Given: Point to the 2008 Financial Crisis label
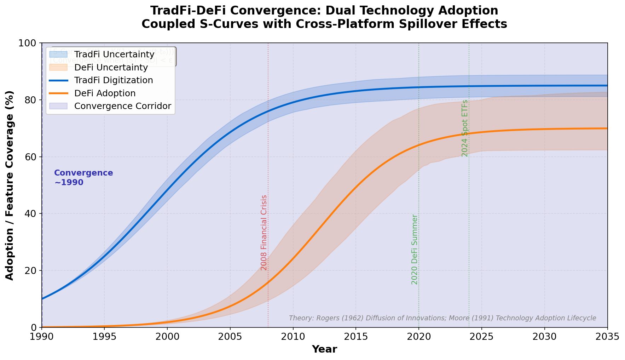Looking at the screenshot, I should tap(264, 233).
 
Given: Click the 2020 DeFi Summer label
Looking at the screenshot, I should tap(415, 249).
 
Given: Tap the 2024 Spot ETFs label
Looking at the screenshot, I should tap(465, 128).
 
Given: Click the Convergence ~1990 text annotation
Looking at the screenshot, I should tap(83, 178).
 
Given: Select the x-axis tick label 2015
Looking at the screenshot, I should tap(356, 337).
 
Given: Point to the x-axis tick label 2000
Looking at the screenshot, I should tap(167, 337).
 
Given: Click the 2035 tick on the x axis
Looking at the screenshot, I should tap(607, 337).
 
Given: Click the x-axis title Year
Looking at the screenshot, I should tap(324, 349).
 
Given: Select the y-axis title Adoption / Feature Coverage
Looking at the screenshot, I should tap(10, 185).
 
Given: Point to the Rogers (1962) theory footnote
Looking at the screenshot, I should tap(442, 318).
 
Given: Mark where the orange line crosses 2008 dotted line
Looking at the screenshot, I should tap(268, 282).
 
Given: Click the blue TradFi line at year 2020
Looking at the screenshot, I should tap(419, 87).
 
